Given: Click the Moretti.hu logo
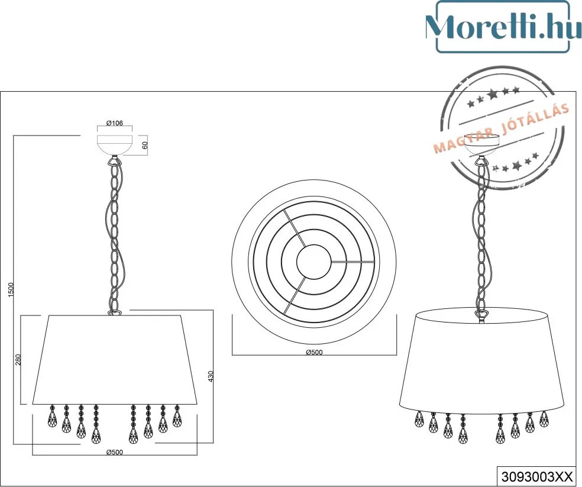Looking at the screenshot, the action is [x=503, y=27].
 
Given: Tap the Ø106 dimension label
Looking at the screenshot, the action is [x=114, y=123].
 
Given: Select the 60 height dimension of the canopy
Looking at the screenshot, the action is [x=145, y=145].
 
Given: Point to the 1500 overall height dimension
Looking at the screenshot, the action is [x=11, y=289].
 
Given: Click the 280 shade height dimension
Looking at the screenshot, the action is [x=18, y=359].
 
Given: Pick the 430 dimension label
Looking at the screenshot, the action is [x=211, y=376].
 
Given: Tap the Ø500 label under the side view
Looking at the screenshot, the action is [x=114, y=452].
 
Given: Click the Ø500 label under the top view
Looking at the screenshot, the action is [x=314, y=352].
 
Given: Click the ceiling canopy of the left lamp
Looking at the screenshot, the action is [x=115, y=145].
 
